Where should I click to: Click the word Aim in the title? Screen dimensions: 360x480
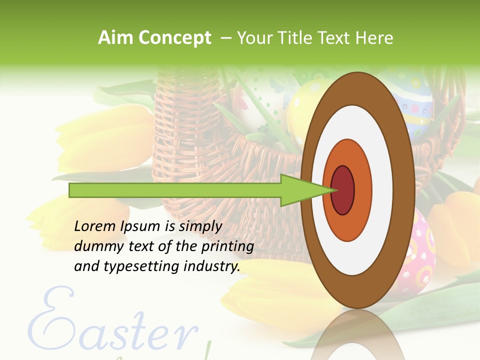[x=115, y=38]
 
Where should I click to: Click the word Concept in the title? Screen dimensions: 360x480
[x=174, y=38]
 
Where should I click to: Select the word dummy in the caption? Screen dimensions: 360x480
[x=95, y=246]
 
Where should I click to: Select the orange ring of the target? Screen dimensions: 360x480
[x=362, y=190]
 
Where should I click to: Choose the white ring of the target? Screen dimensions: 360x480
[x=382, y=190]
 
